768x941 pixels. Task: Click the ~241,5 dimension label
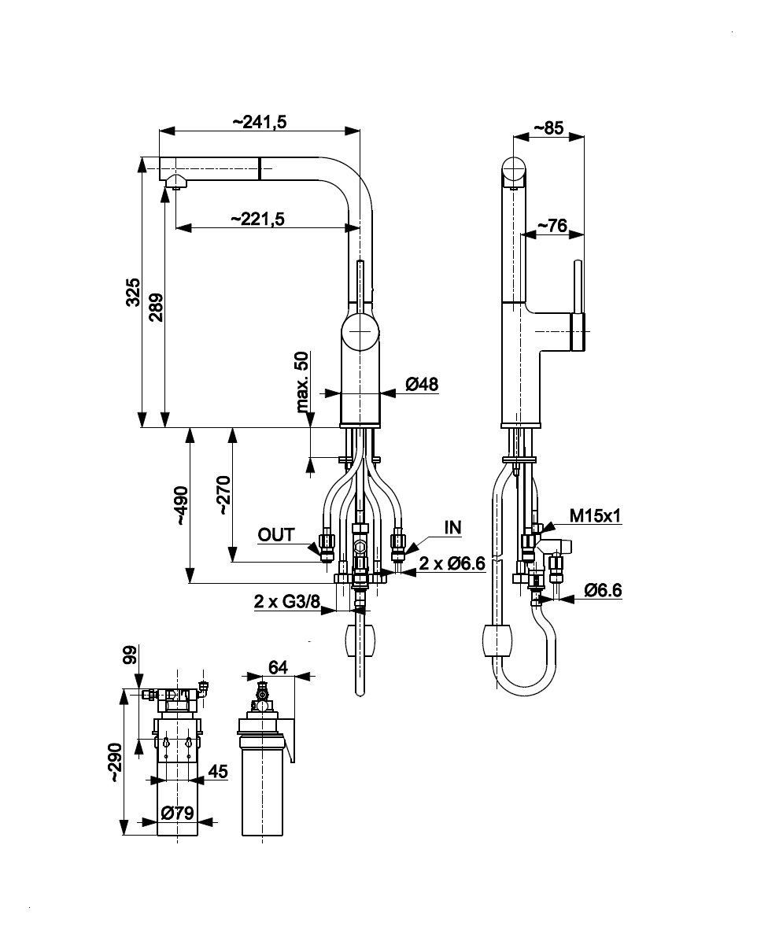click(259, 122)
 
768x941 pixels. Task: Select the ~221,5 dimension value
click(258, 220)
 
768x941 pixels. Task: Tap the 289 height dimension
click(156, 307)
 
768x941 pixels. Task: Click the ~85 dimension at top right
click(548, 128)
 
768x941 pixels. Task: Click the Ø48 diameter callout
click(422, 384)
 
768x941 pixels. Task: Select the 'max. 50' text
click(302, 382)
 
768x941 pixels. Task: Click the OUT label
click(276, 535)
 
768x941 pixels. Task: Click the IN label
click(452, 527)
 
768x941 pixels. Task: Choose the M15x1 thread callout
click(596, 515)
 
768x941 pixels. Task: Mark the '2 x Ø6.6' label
click(450, 563)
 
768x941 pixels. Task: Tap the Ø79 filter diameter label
click(177, 813)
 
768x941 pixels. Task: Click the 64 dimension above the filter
click(278, 667)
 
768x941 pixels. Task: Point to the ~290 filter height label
click(116, 761)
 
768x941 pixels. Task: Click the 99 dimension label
click(131, 654)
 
